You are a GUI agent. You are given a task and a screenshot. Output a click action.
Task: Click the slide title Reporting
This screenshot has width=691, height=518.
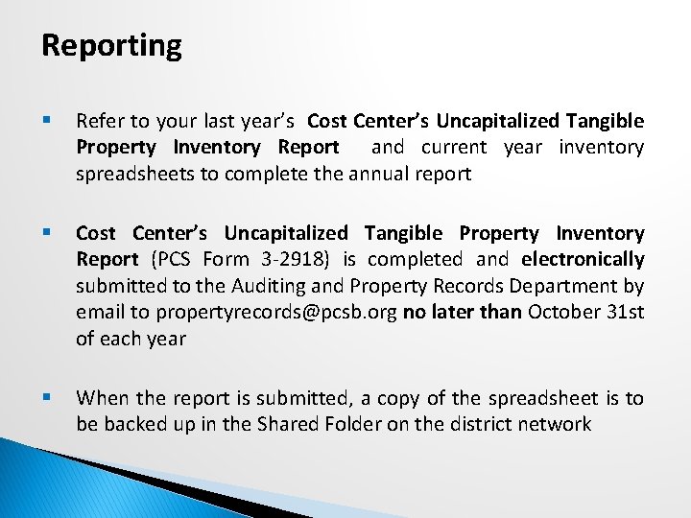click(x=111, y=46)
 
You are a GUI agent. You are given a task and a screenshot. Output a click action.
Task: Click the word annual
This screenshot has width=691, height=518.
click(x=391, y=174)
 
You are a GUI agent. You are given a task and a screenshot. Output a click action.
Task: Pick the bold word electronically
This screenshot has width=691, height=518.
click(x=584, y=260)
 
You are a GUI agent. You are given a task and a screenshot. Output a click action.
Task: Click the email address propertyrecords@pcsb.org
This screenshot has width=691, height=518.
click(x=277, y=312)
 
